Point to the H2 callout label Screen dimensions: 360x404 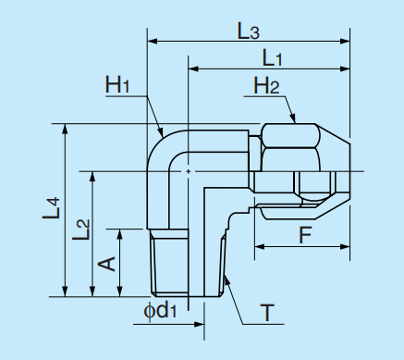coord(267,87)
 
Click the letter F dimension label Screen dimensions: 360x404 coord(304,234)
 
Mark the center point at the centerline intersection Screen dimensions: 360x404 coord(188,171)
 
